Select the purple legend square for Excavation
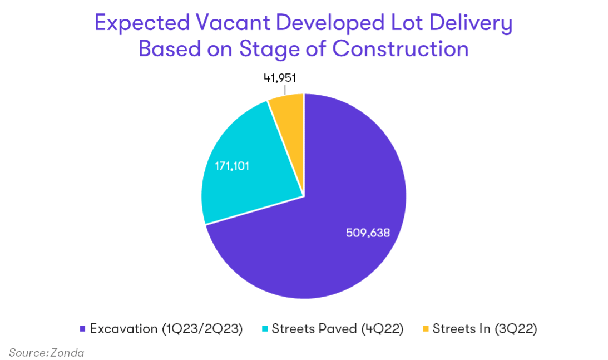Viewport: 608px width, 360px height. coord(83,329)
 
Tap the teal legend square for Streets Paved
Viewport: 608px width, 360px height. coord(265,329)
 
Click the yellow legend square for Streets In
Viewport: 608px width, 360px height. coord(426,329)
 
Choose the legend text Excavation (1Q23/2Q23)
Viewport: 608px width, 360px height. coord(166,329)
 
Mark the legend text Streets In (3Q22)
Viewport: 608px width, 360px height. coord(485,329)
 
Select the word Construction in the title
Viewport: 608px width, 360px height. coord(401,49)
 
